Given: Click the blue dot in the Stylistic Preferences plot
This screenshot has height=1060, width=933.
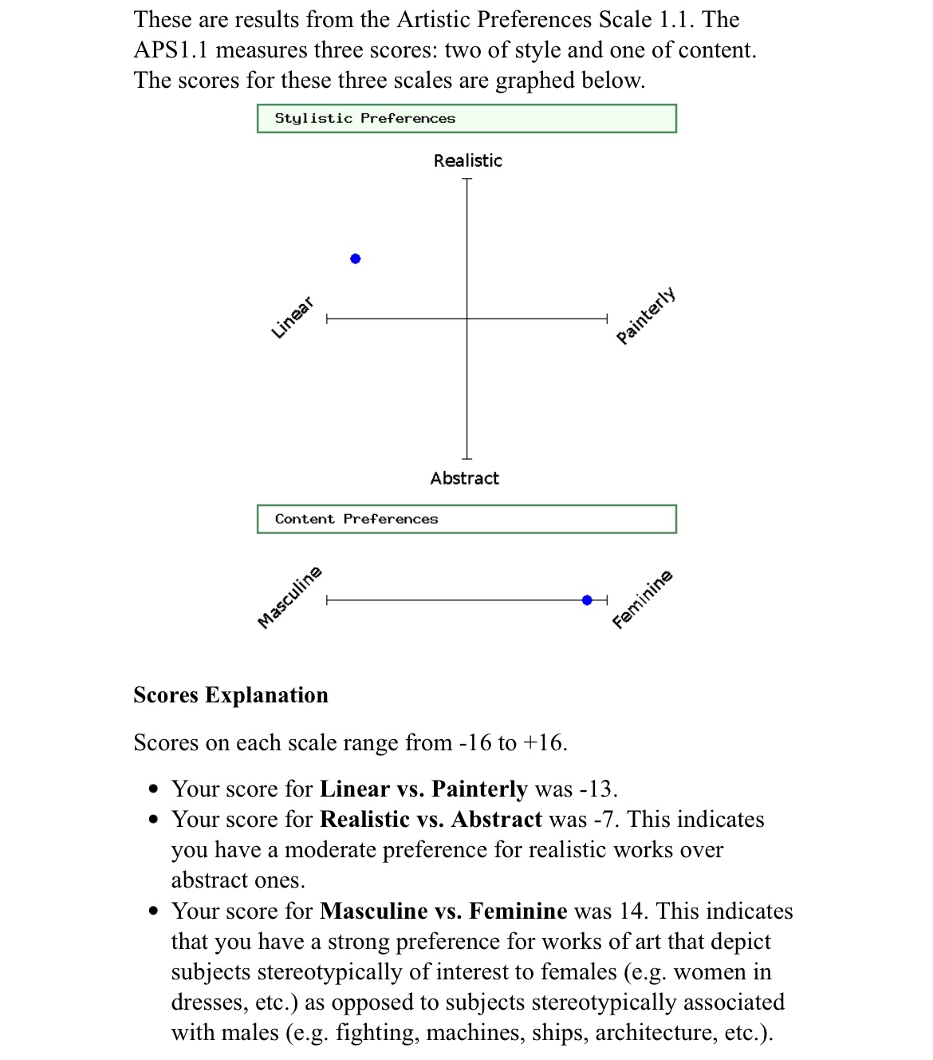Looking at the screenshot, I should pos(356,259).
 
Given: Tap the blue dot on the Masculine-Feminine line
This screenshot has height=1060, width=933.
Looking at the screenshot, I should pos(588,600).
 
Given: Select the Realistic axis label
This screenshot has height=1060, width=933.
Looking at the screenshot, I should pos(467,160).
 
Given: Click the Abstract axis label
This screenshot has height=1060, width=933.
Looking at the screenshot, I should pos(464,478).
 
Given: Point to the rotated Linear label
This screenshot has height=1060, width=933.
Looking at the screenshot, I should pos(292,318).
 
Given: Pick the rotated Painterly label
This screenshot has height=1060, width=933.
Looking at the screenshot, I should pos(646,315).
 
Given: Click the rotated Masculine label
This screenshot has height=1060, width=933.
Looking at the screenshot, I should pos(289,597).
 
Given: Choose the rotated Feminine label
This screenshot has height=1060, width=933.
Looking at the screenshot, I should pos(643,599).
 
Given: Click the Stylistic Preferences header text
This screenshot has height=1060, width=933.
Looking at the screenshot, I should pos(364,118).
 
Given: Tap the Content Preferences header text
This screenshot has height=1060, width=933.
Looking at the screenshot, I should pos(356,519).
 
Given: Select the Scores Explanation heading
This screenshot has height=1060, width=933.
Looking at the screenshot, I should pos(230,695).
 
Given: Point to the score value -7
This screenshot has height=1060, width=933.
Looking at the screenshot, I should pos(606,820).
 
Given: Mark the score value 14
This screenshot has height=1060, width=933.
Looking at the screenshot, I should pos(631,912).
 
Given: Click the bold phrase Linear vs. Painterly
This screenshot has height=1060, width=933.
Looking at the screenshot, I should pos(423,789).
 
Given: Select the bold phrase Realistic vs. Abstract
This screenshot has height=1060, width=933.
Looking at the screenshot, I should pos(431,820).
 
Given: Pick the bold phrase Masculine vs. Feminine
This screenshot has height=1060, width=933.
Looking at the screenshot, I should pos(443,912).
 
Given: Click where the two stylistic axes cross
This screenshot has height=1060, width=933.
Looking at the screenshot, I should pos(467,319).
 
